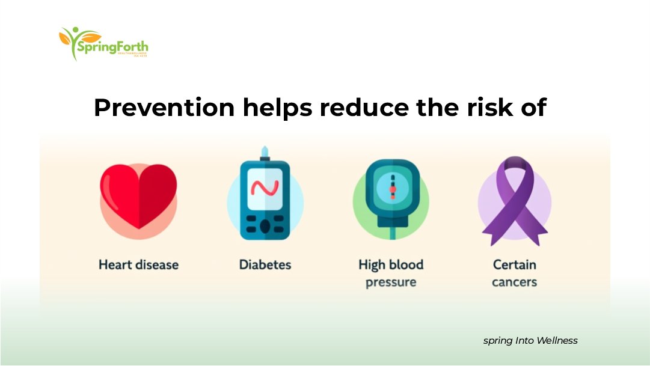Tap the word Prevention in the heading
click(x=164, y=108)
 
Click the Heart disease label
click(x=138, y=264)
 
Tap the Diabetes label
click(x=265, y=264)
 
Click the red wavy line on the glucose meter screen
click(x=265, y=189)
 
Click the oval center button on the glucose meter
click(x=265, y=226)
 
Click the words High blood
click(x=391, y=264)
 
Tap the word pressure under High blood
click(x=391, y=282)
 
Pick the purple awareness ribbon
click(x=514, y=201)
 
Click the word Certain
click(x=514, y=264)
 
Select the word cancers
click(x=514, y=282)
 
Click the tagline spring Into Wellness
click(x=530, y=341)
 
